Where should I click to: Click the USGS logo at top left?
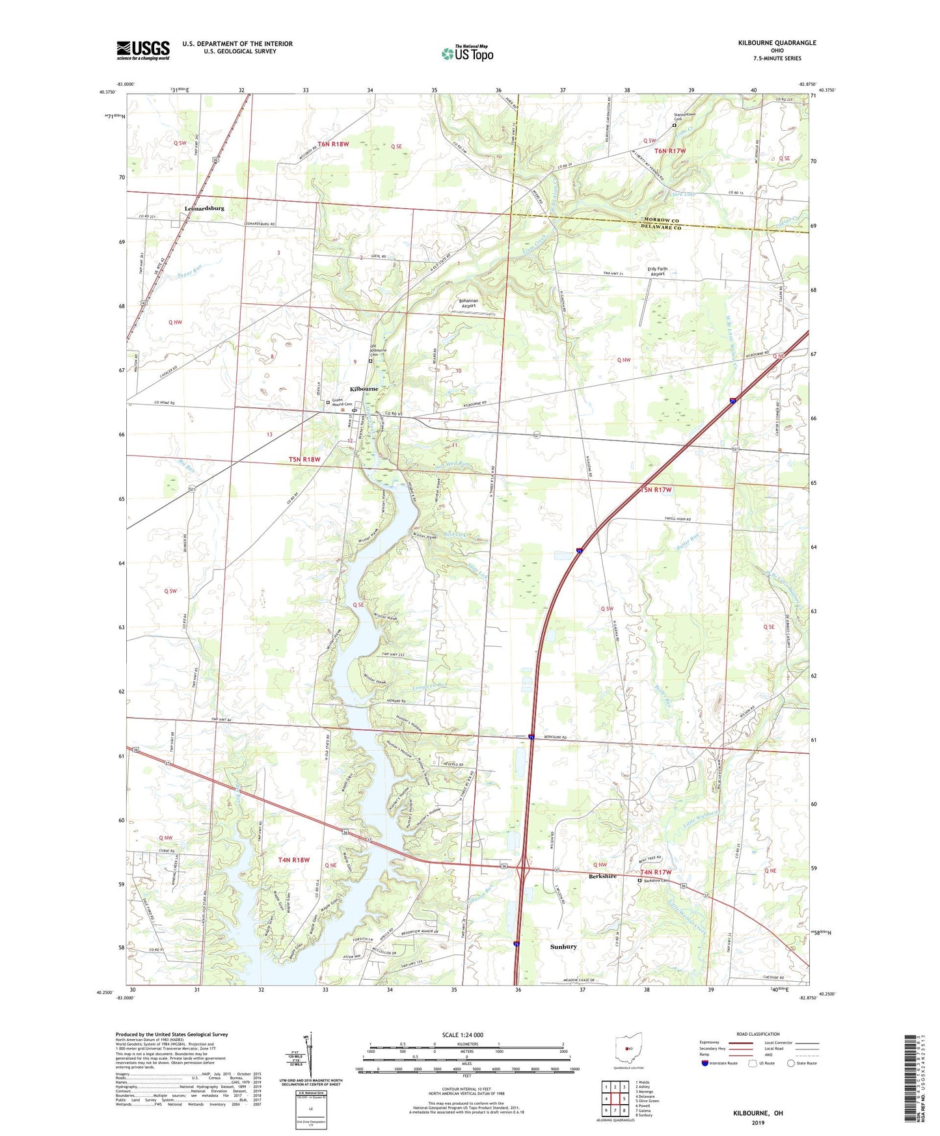tap(143, 50)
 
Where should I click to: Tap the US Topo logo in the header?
tap(467, 53)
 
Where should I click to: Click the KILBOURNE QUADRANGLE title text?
tap(777, 43)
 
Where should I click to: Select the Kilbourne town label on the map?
tap(364, 389)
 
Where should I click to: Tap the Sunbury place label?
tap(563, 947)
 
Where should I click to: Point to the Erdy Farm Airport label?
tap(657, 271)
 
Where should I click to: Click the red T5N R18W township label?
tap(304, 459)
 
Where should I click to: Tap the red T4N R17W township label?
tap(655, 872)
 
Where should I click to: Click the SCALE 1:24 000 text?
tap(463, 1035)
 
